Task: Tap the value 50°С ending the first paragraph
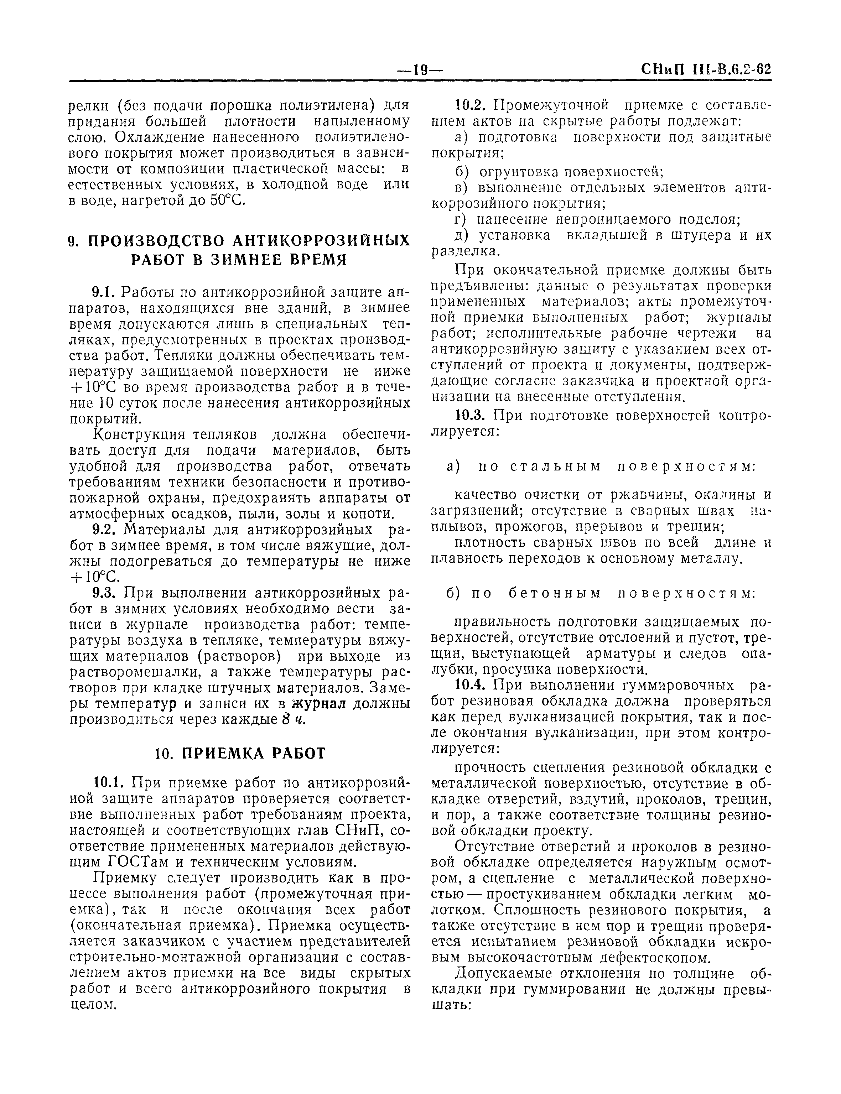click(x=227, y=200)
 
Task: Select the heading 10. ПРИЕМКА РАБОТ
click(x=240, y=753)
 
